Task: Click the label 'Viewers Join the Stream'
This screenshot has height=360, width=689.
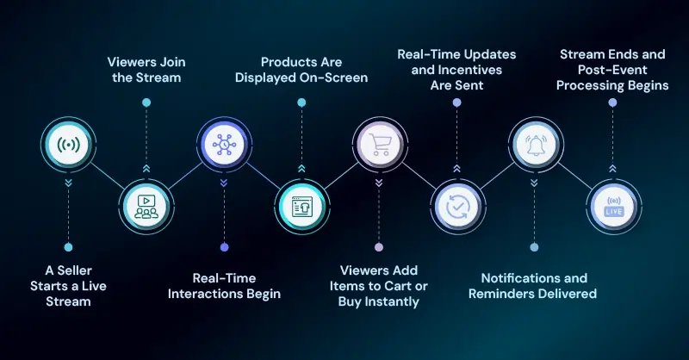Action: coord(146,70)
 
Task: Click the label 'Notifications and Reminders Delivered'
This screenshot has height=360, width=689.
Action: coord(534,286)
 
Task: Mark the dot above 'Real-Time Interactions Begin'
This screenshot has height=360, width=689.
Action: coord(224,246)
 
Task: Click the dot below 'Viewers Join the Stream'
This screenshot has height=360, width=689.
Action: coord(146,102)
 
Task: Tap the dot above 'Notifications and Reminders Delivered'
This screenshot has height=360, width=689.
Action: coord(535,246)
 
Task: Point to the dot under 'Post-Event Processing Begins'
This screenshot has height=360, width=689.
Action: coord(612,102)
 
